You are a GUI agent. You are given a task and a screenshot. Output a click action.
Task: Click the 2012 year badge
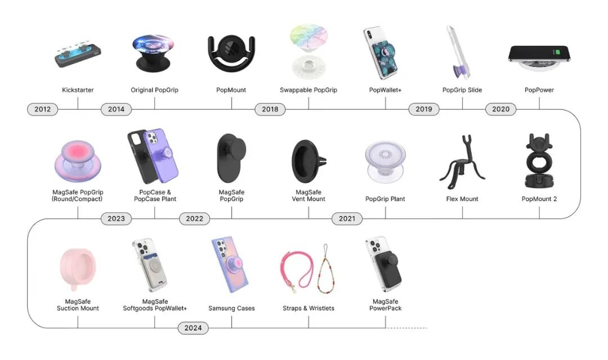point(42,109)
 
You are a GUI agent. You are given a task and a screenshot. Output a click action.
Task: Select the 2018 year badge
point(270,109)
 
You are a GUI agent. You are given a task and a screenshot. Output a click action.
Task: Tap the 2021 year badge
point(347,219)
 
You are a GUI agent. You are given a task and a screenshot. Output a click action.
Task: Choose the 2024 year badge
point(193,328)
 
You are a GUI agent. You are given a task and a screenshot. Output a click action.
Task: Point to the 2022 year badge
point(194,219)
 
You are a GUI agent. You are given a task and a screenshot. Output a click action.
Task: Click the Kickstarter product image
point(78,54)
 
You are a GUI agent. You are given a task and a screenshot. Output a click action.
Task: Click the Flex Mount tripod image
point(462,159)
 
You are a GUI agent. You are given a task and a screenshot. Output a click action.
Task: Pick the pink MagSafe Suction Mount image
point(78,269)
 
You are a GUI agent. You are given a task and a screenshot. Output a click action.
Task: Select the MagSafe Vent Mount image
point(309,161)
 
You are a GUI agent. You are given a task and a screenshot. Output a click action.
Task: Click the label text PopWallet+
point(385,90)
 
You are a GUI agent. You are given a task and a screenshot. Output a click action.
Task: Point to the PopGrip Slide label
point(462,90)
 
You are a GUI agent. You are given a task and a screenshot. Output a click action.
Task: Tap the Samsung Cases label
point(231,308)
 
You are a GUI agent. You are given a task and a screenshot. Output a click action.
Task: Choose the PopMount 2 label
point(539,199)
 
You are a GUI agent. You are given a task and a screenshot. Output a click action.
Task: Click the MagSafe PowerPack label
point(385,305)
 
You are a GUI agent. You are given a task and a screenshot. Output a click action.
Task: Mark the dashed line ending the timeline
point(406,328)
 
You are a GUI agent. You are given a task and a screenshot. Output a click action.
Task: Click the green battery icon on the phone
point(557,52)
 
